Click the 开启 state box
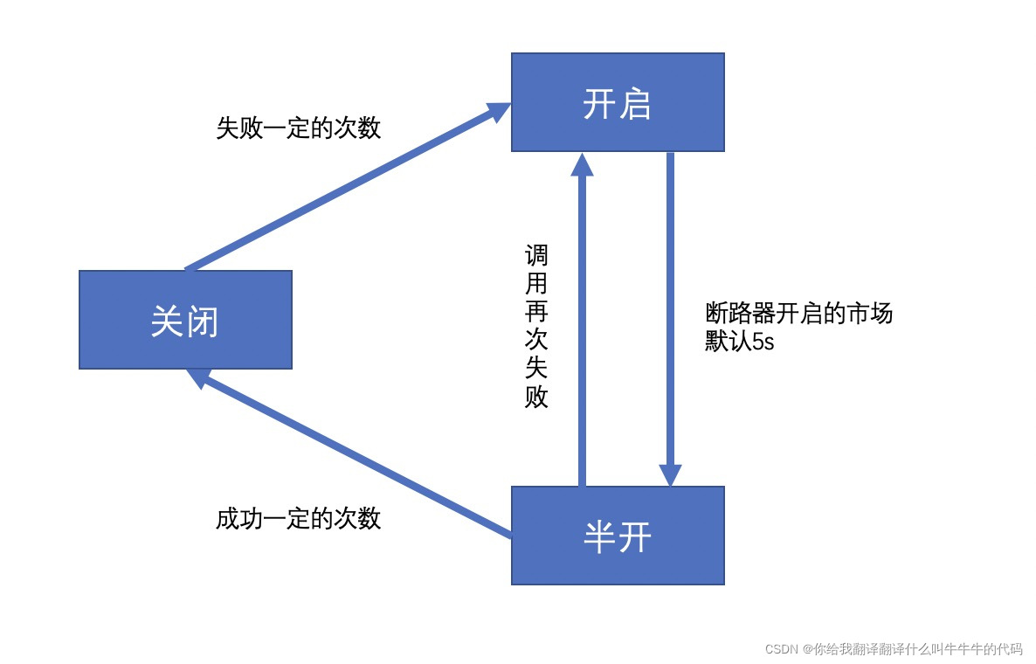(x=618, y=102)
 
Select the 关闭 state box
(x=185, y=320)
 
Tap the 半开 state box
(x=618, y=536)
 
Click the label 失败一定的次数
(x=299, y=128)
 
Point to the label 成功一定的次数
(x=299, y=519)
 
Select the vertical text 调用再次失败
(x=536, y=327)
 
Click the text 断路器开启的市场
(x=798, y=314)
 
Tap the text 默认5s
(x=739, y=342)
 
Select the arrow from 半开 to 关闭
(x=358, y=454)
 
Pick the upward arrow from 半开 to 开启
(x=582, y=332)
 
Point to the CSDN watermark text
(x=893, y=649)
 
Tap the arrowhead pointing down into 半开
(x=670, y=474)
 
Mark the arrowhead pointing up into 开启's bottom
(x=582, y=164)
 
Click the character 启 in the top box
(x=638, y=104)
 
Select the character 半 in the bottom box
(x=599, y=537)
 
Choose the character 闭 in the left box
(x=203, y=322)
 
